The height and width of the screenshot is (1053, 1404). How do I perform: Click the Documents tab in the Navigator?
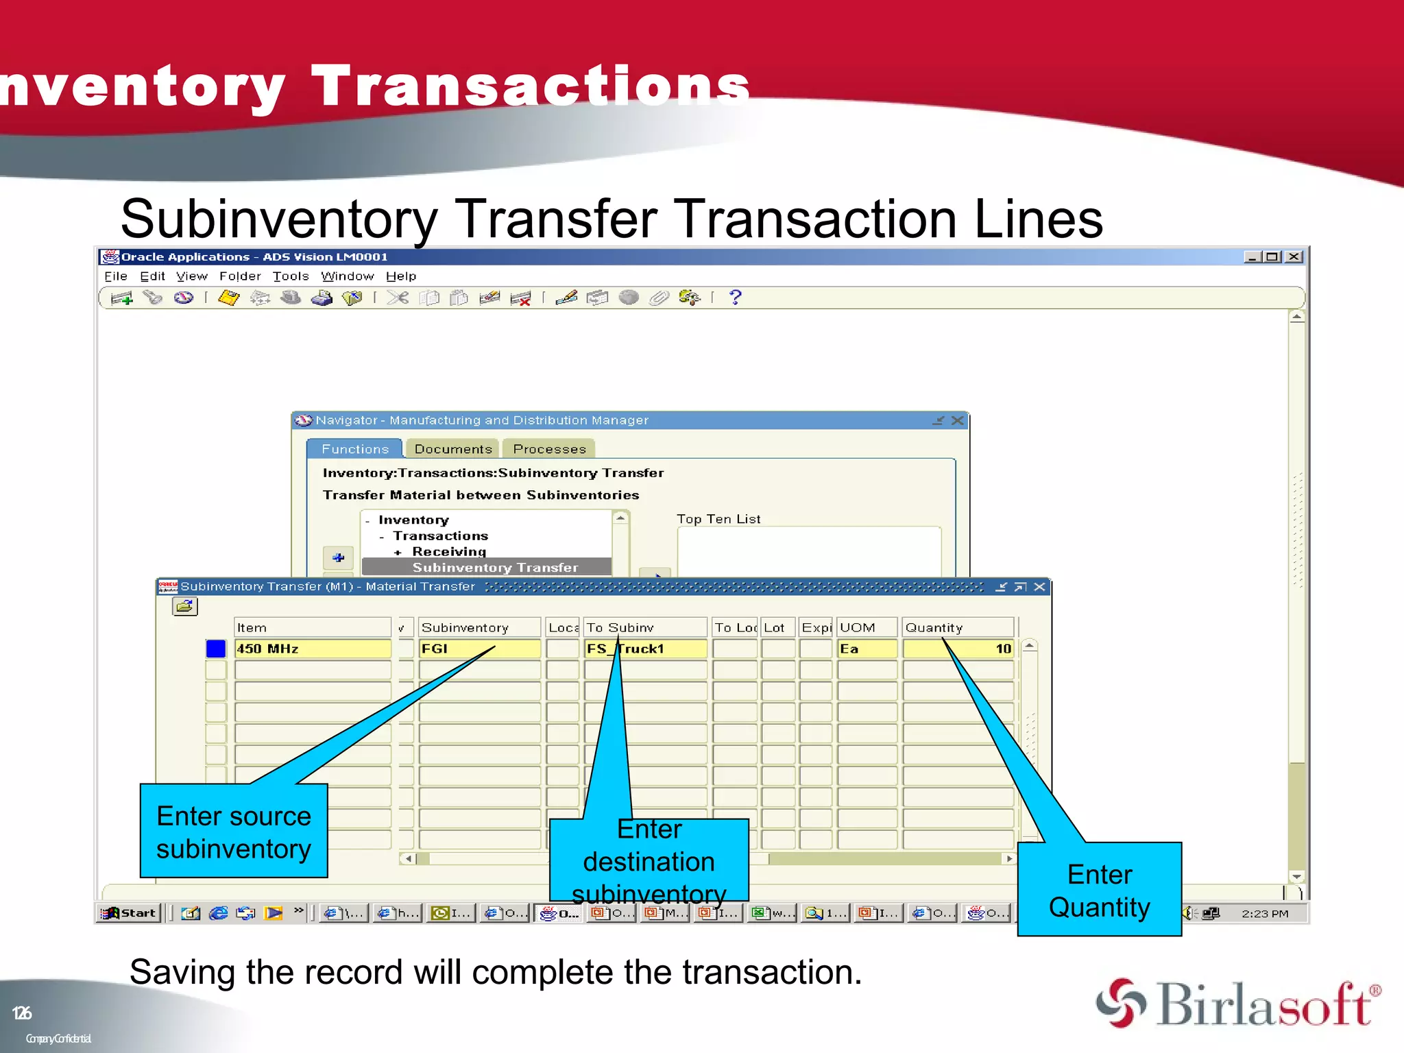[453, 449]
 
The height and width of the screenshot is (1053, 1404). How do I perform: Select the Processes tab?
[549, 449]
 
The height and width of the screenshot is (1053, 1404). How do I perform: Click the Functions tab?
[355, 449]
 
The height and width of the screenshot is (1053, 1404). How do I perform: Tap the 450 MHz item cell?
[312, 649]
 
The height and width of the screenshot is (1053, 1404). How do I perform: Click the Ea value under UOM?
[867, 649]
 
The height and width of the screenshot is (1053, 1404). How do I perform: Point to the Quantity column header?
[957, 627]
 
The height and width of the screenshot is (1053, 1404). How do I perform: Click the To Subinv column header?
[644, 627]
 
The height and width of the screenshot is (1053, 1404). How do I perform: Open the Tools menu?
[291, 276]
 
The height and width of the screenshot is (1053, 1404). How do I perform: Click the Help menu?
[401, 276]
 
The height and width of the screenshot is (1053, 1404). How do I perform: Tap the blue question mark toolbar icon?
[736, 298]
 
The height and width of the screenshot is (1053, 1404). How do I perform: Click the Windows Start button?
[129, 913]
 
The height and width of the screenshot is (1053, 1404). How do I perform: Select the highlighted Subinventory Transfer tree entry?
[495, 568]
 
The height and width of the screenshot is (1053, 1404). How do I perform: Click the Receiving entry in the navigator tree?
[449, 552]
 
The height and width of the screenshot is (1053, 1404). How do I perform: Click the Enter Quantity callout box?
[1099, 890]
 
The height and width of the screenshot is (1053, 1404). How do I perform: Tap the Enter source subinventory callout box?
[234, 832]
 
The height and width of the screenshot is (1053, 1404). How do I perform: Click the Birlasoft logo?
[1238, 1004]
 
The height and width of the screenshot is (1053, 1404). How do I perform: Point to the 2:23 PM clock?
[1265, 914]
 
